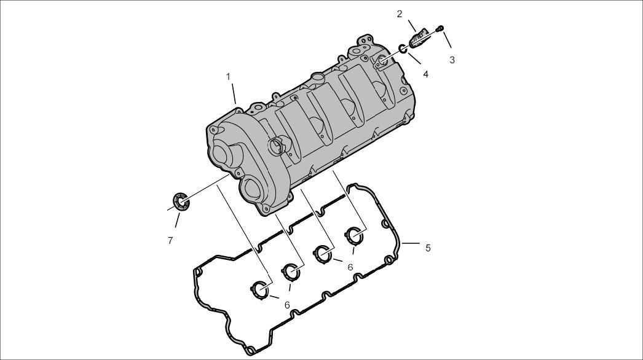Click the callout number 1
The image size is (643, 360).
[228, 77]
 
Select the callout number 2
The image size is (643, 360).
[400, 14]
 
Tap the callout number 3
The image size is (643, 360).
[452, 60]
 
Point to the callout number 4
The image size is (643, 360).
[425, 74]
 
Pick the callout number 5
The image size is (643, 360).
[428, 248]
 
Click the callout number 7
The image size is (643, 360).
[170, 241]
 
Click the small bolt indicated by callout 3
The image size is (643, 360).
[440, 28]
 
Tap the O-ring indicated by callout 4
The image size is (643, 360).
[403, 49]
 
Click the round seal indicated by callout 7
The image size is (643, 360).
[181, 201]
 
